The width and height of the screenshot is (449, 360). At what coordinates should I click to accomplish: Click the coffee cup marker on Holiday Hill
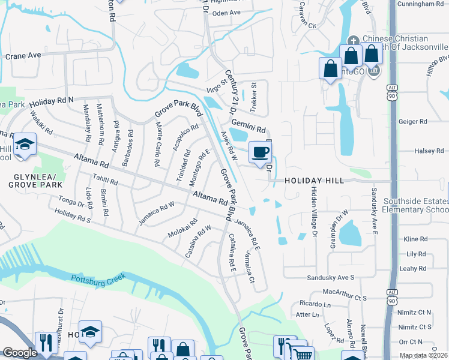(x=259, y=152)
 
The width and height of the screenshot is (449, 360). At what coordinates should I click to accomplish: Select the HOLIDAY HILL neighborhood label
(x=314, y=181)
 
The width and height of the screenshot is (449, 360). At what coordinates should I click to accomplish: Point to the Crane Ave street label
(x=23, y=55)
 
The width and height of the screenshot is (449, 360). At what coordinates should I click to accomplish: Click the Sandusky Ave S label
(x=331, y=278)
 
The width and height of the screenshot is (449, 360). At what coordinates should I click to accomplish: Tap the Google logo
(x=19, y=353)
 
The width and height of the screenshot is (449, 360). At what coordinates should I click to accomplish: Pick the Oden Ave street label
(x=226, y=13)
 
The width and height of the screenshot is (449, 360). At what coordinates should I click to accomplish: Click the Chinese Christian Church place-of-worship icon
(x=352, y=39)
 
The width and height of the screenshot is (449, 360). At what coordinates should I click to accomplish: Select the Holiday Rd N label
(x=51, y=100)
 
